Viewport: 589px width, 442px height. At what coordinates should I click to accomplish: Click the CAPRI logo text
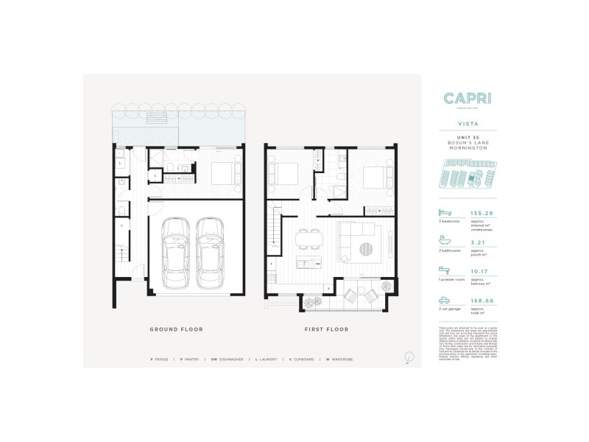(x=469, y=99)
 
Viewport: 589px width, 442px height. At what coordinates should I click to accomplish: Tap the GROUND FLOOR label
(x=176, y=329)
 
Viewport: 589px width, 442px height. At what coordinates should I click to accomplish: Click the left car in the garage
(x=177, y=253)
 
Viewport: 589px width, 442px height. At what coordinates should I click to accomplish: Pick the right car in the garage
(x=210, y=253)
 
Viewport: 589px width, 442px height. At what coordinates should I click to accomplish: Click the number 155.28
(x=486, y=213)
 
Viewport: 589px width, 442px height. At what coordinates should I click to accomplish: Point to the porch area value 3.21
(x=486, y=241)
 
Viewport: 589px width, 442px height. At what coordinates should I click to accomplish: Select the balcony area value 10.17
(x=486, y=270)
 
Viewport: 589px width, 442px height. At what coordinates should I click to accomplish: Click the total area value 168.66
(x=486, y=300)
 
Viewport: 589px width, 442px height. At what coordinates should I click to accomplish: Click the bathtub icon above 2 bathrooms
(x=445, y=239)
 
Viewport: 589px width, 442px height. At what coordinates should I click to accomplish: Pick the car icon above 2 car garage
(x=445, y=298)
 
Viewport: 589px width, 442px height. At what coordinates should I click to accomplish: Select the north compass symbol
(x=407, y=359)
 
